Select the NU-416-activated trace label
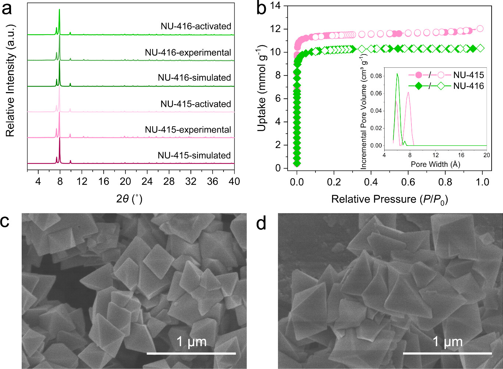(x=196, y=27)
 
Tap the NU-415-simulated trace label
(x=194, y=155)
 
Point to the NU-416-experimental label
(x=188, y=52)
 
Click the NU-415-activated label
(x=196, y=104)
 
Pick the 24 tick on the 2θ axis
(x=147, y=181)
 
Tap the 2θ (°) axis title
(x=129, y=199)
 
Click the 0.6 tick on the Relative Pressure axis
(x=408, y=182)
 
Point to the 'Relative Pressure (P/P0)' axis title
(x=389, y=199)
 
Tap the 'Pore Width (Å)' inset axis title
(x=435, y=164)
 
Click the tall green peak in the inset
(x=397, y=74)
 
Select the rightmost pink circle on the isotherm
(x=480, y=29)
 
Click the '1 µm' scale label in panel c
(x=191, y=342)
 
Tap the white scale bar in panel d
(x=447, y=353)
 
